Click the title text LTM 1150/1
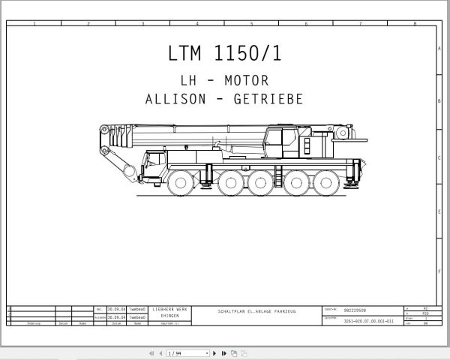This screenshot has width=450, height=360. click(225, 54)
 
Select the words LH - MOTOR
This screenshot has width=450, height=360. click(225, 80)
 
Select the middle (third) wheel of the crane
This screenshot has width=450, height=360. click(259, 182)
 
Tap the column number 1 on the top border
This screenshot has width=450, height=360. click(34, 24)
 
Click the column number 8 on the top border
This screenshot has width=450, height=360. click(414, 24)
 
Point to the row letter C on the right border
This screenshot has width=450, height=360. click(438, 158)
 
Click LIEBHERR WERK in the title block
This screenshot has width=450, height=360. click(170, 310)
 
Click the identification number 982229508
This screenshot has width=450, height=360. click(355, 309)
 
